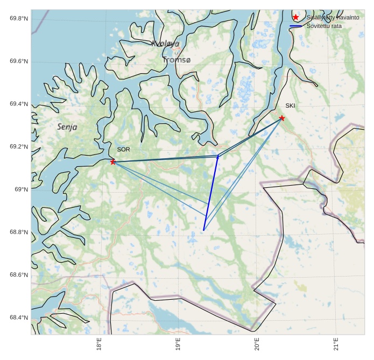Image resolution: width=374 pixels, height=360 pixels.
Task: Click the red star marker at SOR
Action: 113,162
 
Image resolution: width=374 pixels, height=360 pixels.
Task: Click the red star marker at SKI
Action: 282,118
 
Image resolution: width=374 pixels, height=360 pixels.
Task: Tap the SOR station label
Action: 123,149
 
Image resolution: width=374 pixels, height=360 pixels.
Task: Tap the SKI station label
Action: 290,105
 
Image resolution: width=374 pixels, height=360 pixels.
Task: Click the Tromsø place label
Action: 177,60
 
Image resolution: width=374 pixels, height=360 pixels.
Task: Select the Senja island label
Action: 67,127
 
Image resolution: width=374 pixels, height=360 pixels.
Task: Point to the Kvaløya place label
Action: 165,44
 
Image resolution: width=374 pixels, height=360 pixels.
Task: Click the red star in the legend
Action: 295,18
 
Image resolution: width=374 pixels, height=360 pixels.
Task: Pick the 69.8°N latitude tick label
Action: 18,19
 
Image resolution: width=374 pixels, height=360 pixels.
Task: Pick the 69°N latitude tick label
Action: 20,189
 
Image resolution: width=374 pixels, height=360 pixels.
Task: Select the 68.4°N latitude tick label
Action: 18,317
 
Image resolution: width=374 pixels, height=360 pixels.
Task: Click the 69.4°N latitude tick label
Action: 18,104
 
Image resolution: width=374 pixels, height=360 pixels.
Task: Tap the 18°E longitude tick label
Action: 100,344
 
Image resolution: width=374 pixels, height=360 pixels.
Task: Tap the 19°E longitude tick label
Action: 178,344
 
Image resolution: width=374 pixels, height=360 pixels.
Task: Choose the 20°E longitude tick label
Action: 257,344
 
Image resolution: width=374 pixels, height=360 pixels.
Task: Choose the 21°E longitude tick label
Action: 335,344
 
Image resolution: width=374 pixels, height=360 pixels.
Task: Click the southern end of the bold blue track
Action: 203,230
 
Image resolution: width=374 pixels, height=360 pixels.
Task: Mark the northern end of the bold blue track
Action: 218,156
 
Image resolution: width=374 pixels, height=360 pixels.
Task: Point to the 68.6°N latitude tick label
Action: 18,275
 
